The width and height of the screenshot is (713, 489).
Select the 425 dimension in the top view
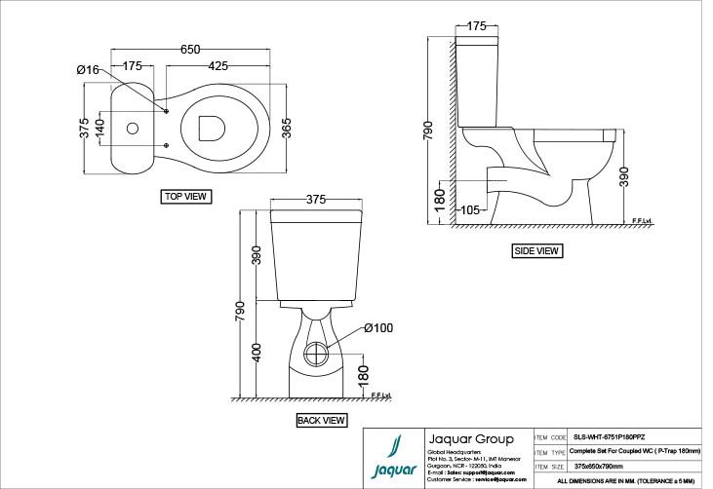pos(218,66)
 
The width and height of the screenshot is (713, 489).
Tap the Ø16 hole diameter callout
pos(88,69)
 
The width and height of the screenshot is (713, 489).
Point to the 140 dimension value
pos(99,128)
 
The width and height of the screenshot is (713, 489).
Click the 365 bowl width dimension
pos(287,128)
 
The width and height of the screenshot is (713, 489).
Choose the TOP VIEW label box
pos(185,196)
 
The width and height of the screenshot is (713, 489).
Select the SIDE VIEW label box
pos(536,250)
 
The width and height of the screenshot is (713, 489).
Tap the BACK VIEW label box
pos(321,421)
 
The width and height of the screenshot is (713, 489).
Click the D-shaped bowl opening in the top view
pos(211,127)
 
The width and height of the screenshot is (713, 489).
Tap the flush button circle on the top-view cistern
pos(133,128)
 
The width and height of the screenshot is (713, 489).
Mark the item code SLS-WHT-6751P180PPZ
pos(610,437)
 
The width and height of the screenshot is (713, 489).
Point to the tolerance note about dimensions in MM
pos(626,481)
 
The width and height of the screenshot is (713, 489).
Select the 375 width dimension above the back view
pos(315,199)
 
